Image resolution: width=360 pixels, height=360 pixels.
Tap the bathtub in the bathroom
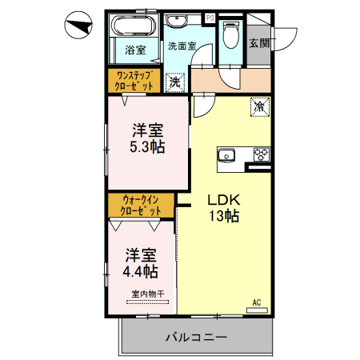point(134,29)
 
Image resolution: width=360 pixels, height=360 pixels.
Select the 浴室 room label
point(134,50)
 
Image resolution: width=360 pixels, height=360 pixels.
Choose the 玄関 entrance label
point(258,42)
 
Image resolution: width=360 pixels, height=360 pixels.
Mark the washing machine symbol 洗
point(174,81)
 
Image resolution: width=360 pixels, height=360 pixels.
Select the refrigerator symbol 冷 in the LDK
point(260,104)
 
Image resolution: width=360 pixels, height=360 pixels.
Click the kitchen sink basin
point(225,154)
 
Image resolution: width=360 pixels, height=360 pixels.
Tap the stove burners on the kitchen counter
point(261,154)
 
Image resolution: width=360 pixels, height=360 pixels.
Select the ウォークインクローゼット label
point(141,204)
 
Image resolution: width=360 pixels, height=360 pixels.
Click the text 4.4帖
point(140,270)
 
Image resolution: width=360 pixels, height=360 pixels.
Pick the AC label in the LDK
point(257,302)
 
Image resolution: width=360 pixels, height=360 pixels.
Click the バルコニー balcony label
point(196,337)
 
